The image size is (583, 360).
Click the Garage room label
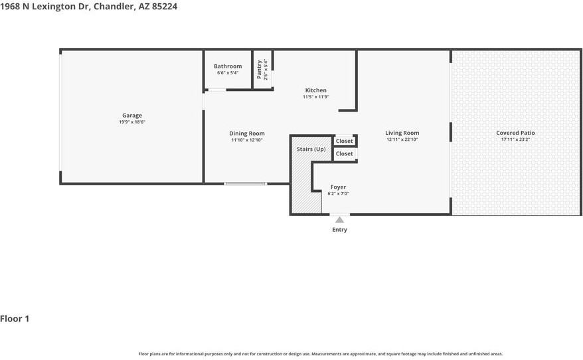[x=132, y=116]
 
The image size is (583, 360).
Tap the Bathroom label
[x=228, y=66]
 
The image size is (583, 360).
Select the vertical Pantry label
[x=259, y=69]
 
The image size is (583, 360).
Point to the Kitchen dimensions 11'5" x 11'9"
[x=315, y=97]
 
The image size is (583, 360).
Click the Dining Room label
[x=247, y=133]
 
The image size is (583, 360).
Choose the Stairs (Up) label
[x=311, y=149]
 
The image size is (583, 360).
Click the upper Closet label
[x=345, y=141]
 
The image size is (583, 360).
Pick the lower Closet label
[x=345, y=153]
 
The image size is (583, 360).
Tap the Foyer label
[x=339, y=187]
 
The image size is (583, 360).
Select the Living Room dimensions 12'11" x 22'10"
[x=402, y=139]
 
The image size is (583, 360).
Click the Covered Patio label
[x=515, y=133]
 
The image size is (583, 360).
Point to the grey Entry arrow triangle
[x=339, y=220]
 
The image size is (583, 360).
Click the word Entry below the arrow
[x=339, y=229]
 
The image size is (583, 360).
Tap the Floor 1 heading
[x=15, y=319]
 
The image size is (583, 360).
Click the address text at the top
[x=88, y=7]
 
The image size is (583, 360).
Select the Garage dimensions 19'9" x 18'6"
[x=132, y=122]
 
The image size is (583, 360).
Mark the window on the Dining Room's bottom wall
[x=246, y=184]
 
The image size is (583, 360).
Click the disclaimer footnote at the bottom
[x=321, y=354]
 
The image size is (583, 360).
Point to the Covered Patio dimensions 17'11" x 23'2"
[x=515, y=139]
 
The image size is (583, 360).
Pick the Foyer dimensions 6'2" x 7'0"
[x=339, y=194]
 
